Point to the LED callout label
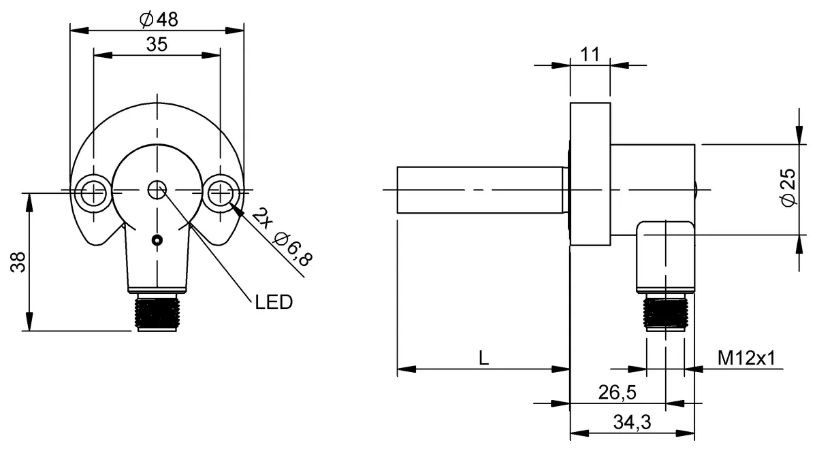click(x=274, y=302)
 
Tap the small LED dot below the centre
click(x=157, y=239)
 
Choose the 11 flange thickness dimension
click(x=590, y=55)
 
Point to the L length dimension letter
click(x=483, y=358)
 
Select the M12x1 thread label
click(x=747, y=358)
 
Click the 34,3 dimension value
click(x=632, y=422)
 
